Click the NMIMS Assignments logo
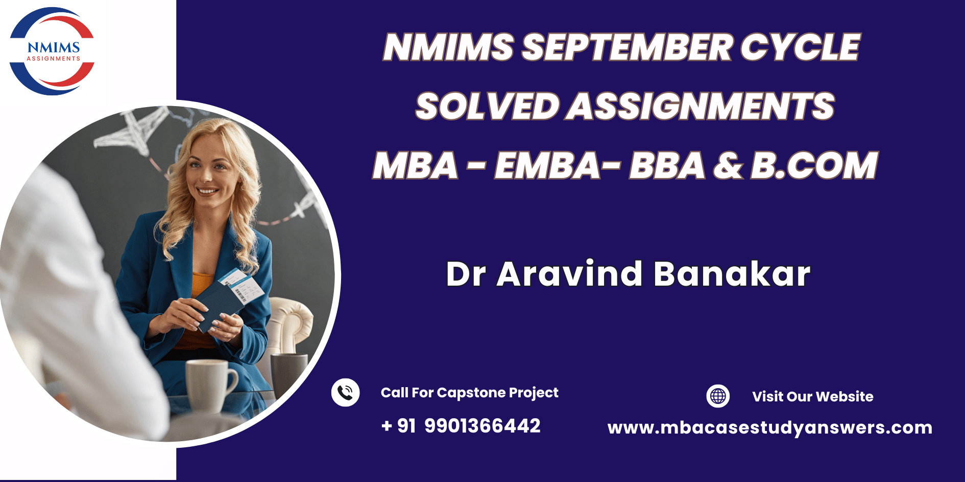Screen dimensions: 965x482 point(52,51)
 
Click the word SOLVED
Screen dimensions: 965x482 point(488,106)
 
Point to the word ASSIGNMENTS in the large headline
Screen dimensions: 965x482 point(700,106)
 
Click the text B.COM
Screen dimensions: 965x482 point(814,165)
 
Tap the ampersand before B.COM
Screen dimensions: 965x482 point(728,165)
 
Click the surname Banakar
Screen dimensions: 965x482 point(732,274)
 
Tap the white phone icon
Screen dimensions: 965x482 point(346,393)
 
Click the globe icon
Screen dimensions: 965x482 point(718,396)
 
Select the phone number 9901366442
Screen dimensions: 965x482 point(482,426)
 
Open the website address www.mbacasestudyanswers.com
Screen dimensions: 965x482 point(770,427)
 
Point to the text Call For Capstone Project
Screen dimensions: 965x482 point(469,393)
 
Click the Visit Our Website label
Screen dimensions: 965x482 point(812,396)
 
